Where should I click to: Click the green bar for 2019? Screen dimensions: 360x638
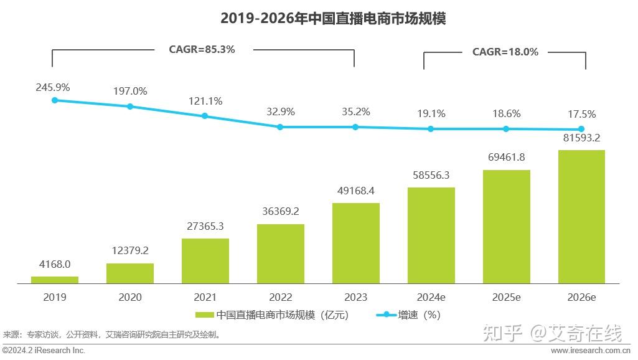coord(55,280)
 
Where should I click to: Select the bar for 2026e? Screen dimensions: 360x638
coord(581,217)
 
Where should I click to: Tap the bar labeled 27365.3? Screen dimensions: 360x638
coord(205,261)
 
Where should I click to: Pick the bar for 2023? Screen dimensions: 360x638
coord(355,243)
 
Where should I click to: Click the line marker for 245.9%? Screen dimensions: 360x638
coord(55,100)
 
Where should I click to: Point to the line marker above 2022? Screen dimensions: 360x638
coord(280,126)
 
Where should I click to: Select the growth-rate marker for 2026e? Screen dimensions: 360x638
coord(581,130)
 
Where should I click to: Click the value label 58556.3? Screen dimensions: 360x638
coord(431,176)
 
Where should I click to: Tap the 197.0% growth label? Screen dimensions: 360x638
coord(130,92)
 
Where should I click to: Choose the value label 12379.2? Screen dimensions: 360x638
coord(130,250)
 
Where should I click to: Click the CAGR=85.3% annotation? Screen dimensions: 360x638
coord(202,49)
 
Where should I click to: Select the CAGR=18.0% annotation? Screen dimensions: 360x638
coord(505,52)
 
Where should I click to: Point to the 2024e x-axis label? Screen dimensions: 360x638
coord(431,297)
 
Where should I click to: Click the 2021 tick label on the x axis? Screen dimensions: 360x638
coord(205,297)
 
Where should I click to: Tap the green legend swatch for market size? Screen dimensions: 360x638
coord(205,315)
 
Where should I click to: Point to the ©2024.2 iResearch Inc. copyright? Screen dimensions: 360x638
coord(44,351)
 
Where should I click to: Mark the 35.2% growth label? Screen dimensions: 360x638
coord(355,112)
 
